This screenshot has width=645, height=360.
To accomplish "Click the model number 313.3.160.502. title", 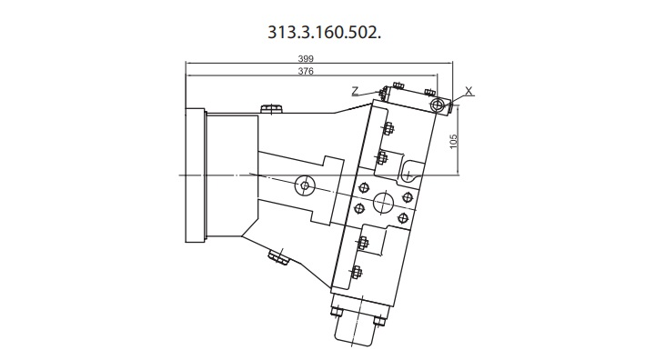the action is [324, 32].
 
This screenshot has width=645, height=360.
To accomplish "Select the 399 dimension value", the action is [306, 58].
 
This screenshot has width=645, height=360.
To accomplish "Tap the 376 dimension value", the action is [306, 71].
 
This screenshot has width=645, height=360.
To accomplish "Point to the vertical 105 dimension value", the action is [454, 142].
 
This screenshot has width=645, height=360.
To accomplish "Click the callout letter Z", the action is [356, 90].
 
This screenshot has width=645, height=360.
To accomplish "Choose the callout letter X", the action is [469, 90].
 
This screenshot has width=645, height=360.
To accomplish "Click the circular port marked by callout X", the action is [438, 105].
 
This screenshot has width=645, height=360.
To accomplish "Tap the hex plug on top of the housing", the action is [271, 109].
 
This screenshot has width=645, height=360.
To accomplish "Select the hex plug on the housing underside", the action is [278, 257].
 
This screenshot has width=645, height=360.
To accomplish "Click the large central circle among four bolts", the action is [383, 202].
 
